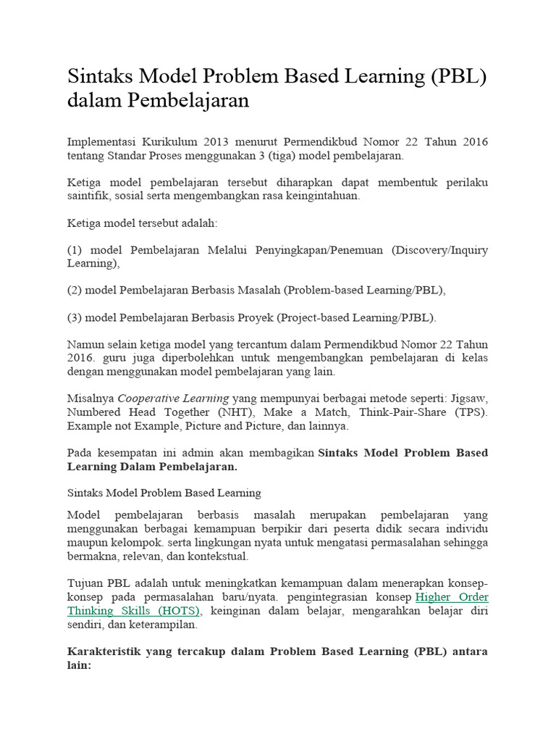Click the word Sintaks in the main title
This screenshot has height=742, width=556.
pyautogui.click(x=103, y=76)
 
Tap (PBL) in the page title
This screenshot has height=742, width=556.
pyautogui.click(x=458, y=76)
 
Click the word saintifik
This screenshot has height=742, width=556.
pyautogui.click(x=91, y=196)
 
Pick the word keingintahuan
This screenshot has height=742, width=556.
pyautogui.click(x=323, y=196)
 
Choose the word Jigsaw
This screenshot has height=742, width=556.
pyautogui.click(x=469, y=399)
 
